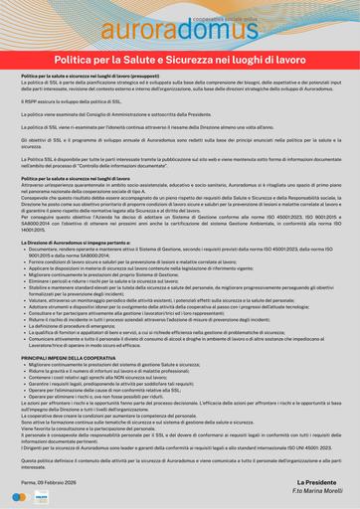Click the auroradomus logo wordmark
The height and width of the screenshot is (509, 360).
pos(179,36)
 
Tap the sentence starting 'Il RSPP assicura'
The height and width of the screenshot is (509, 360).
pos(79,101)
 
